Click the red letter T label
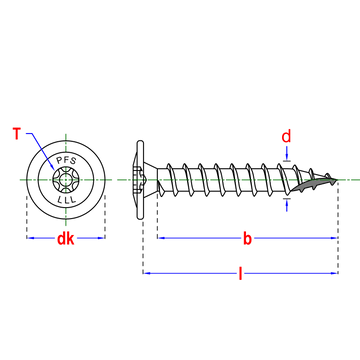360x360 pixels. tap(18, 134)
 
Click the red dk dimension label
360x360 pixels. tap(66, 239)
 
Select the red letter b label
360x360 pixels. tap(247, 239)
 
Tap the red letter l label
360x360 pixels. tap(240, 273)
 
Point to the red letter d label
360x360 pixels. tap(286, 136)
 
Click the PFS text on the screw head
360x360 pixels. tap(66, 161)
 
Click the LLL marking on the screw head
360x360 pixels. tap(66, 200)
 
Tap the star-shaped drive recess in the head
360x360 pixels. tap(66, 180)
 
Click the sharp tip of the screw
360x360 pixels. tap(337, 180)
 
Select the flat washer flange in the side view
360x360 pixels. tap(140, 180)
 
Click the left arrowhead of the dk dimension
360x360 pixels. tap(30, 238)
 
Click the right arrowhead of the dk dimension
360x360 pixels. tap(102, 238)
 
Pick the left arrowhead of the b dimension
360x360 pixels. tap(161, 238)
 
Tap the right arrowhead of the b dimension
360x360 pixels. tap(334, 238)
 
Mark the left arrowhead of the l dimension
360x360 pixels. tap(147, 273)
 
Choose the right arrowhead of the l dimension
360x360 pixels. tap(334, 273)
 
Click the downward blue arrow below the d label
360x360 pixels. tap(287, 154)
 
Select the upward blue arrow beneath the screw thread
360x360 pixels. tap(287, 205)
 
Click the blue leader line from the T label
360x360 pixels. tap(41, 150)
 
